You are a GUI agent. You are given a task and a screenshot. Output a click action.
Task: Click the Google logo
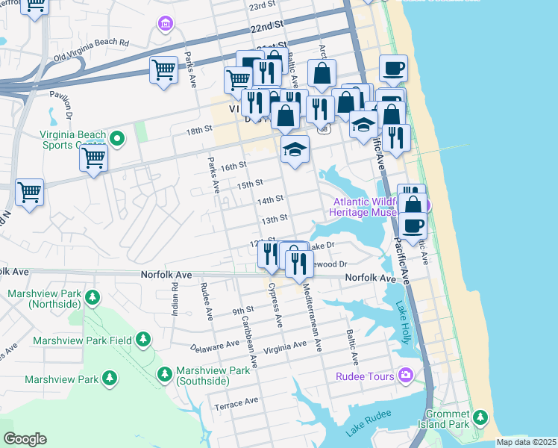[25, 439]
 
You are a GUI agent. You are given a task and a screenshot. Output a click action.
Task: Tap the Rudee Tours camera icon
[405, 375]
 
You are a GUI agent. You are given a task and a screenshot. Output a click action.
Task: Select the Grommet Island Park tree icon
[480, 417]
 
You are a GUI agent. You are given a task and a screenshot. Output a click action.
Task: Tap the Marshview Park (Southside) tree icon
[164, 373]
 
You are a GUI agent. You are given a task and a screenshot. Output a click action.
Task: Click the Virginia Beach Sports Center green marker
[116, 138]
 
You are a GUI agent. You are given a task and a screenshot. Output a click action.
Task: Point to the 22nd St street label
[267, 25]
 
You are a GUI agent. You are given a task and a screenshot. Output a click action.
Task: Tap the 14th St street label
[270, 201]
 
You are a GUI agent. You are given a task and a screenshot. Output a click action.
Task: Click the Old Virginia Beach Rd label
[91, 48]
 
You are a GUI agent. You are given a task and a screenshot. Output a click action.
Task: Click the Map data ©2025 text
[526, 442]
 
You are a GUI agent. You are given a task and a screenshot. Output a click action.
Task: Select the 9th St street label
[242, 310]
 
